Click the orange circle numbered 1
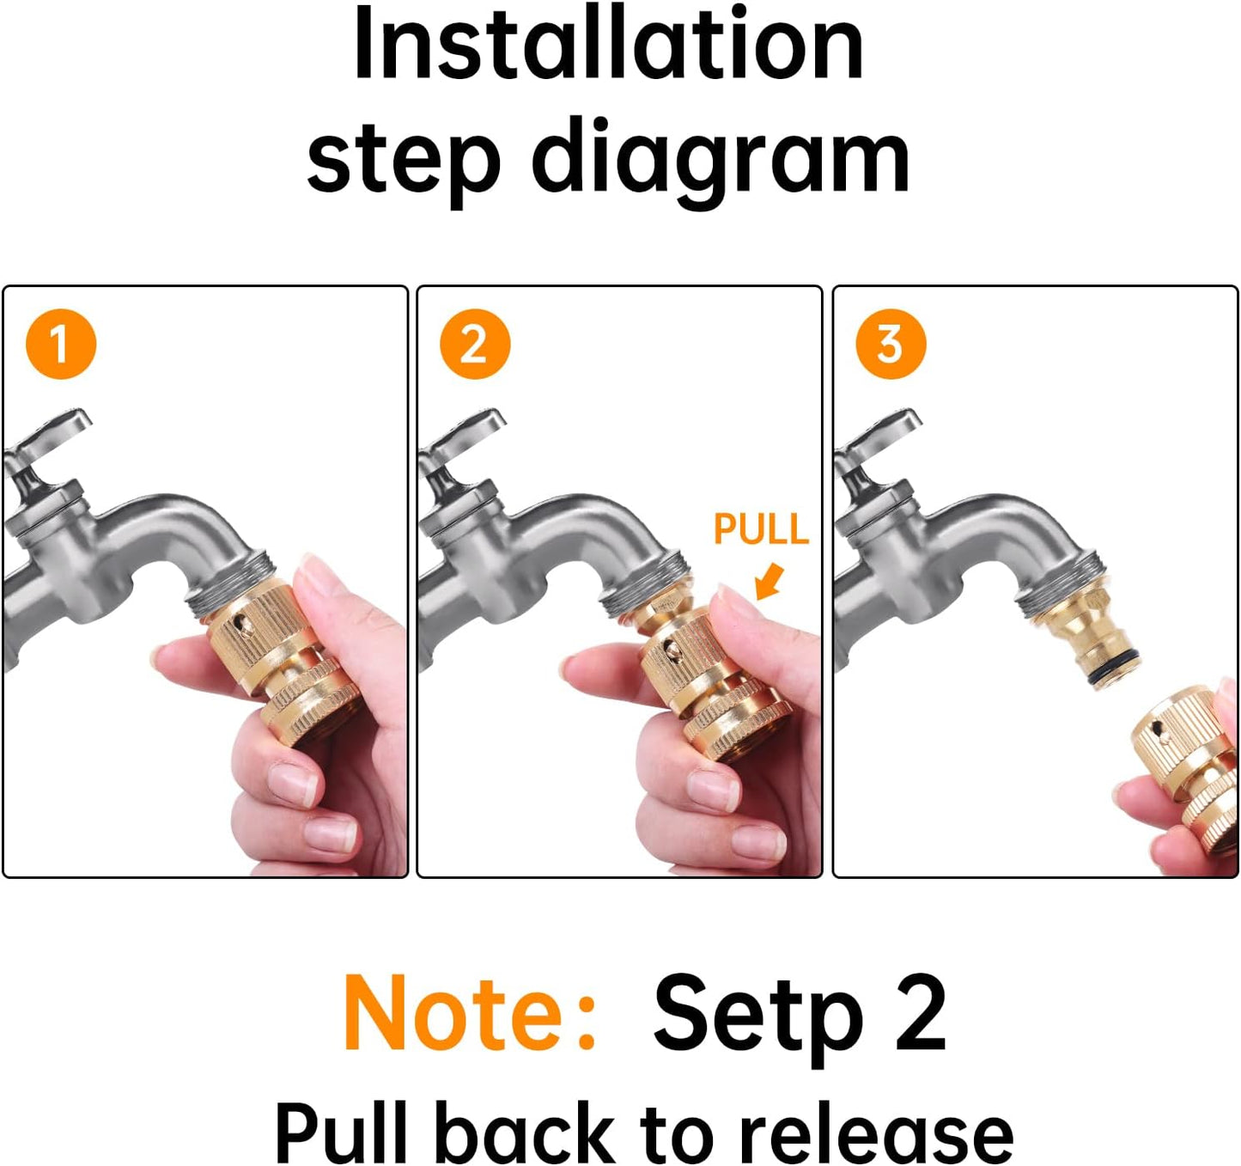click(61, 343)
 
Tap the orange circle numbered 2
click(475, 343)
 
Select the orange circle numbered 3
click(891, 343)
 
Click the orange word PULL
click(761, 529)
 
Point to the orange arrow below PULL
click(770, 582)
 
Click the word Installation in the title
click(608, 45)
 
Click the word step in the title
click(404, 161)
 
